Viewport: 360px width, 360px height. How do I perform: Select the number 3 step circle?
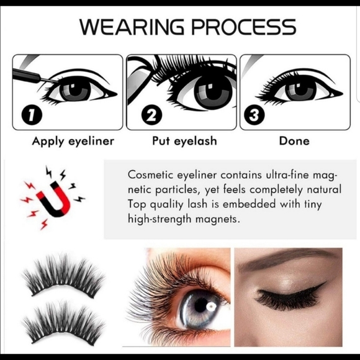pyautogui.click(x=253, y=115)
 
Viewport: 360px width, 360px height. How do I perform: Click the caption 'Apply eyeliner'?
pyautogui.click(x=73, y=141)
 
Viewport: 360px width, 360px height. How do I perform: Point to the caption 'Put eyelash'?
pyautogui.click(x=184, y=141)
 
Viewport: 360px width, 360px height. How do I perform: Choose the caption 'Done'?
pyautogui.click(x=294, y=141)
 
